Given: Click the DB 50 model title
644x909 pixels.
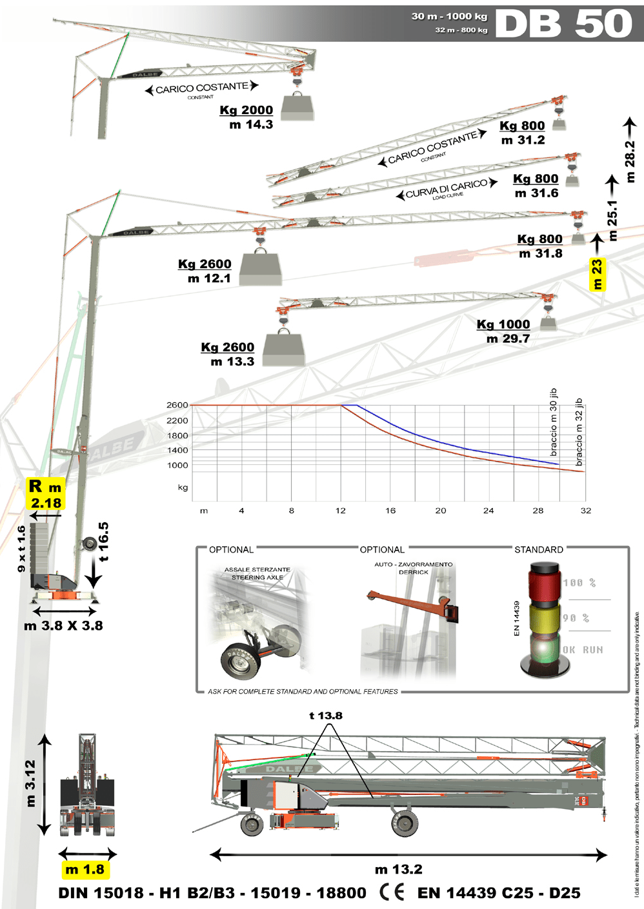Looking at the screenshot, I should click(563, 24).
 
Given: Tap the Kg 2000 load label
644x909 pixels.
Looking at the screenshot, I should click(247, 110).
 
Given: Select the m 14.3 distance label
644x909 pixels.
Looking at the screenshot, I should click(251, 125).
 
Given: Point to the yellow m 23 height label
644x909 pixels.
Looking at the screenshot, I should click(598, 274).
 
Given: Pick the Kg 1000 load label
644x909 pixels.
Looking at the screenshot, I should click(503, 324).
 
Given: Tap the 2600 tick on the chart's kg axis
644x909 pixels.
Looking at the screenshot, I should click(177, 406).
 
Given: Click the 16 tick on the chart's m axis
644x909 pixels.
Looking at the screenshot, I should click(390, 511).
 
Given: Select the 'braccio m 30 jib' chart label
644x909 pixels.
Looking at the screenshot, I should click(554, 422).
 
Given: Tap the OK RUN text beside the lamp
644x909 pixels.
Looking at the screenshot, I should click(583, 650).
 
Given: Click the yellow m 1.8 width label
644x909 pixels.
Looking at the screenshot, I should click(85, 870).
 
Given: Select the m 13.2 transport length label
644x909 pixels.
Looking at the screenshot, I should click(398, 870).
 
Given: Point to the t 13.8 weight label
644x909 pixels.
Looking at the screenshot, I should click(326, 716).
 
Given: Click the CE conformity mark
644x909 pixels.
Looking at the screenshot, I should click(392, 892).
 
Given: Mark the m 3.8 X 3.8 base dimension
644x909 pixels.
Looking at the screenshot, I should click(63, 625).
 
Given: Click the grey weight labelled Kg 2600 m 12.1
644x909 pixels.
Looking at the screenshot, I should click(261, 268).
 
